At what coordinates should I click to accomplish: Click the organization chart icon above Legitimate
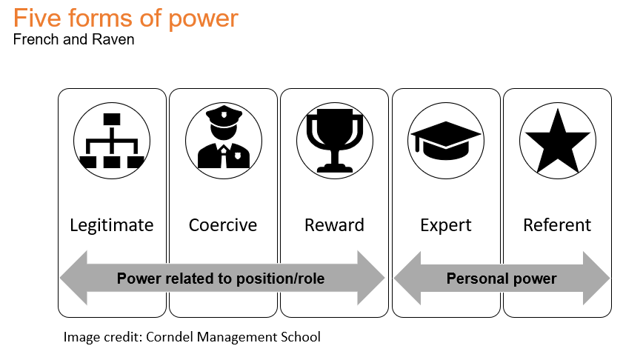(112, 141)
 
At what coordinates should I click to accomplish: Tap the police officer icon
(224, 138)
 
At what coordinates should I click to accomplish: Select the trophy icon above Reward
(335, 140)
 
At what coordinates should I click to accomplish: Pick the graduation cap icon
(445, 140)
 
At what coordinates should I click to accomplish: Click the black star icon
(558, 141)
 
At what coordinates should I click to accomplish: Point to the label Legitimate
(112, 225)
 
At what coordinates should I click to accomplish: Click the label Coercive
(223, 225)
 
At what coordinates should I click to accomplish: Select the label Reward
(334, 225)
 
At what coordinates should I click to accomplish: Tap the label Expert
(446, 226)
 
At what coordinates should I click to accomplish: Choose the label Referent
(557, 225)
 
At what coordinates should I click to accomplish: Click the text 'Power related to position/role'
(221, 279)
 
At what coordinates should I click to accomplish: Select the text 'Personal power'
(502, 279)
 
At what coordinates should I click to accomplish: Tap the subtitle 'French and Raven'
(74, 39)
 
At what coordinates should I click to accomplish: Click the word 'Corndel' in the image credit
(170, 336)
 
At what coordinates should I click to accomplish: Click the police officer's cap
(224, 116)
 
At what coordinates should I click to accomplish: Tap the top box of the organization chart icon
(112, 119)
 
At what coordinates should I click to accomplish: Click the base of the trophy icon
(335, 169)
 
